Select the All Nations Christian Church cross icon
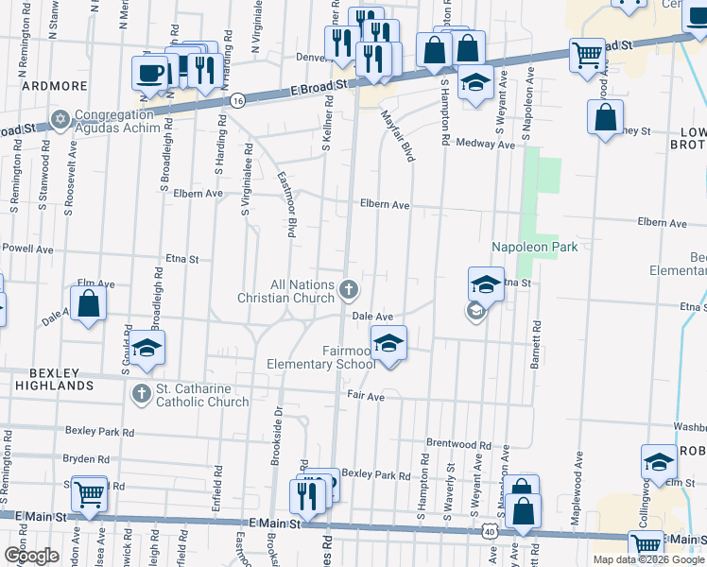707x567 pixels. pos(349,288)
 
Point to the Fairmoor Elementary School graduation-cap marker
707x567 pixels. pos(388,343)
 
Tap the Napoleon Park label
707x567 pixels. pos(534,247)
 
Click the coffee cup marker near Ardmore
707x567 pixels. pos(150,72)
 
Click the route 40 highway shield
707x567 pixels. pos(490,533)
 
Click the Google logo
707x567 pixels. pos(30,555)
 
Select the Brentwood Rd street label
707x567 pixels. pos(458,444)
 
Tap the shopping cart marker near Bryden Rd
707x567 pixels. pos(89,491)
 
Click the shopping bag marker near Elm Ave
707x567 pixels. pos(88,304)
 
